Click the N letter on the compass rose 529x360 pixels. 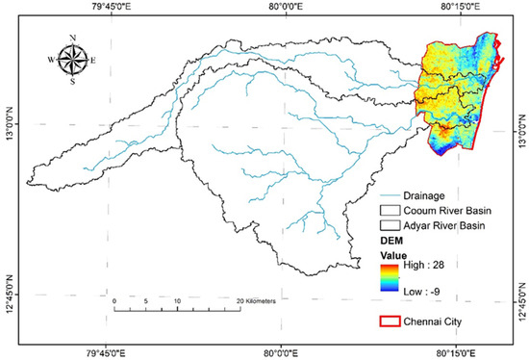pyautogui.click(x=73, y=39)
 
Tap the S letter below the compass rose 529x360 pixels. pyautogui.click(x=73, y=81)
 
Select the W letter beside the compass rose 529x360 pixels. pyautogui.click(x=52, y=60)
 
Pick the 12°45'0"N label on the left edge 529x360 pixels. pyautogui.click(x=11, y=293)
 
